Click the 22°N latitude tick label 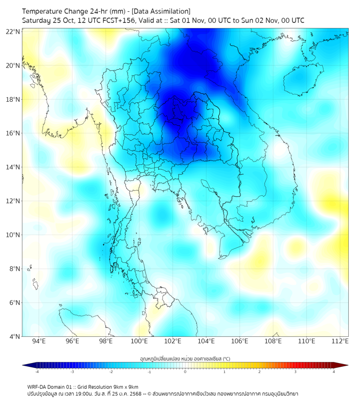pyautogui.click(x=13, y=31)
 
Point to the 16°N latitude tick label pyautogui.click(x=13, y=133)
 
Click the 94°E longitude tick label pyautogui.click(x=39, y=342)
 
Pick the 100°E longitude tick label pyautogui.click(x=140, y=342)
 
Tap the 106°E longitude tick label pyautogui.click(x=240, y=342)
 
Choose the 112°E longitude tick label pyautogui.click(x=340, y=342)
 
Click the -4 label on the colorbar pyautogui.click(x=36, y=372)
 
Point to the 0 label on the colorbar pyautogui.click(x=185, y=372)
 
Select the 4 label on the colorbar pyautogui.click(x=334, y=372)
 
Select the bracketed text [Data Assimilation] pyautogui.click(x=159, y=11)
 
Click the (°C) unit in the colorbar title pyautogui.click(x=226, y=358)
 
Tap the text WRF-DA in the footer pyautogui.click(x=38, y=386)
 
